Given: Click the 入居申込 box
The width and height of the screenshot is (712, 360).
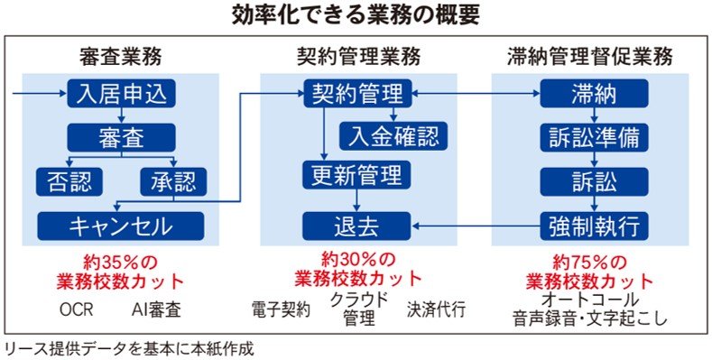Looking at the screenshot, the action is click(x=121, y=94).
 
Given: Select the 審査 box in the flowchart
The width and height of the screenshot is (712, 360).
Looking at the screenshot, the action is click(x=121, y=137).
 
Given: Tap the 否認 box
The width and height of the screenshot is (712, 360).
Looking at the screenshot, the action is click(x=69, y=182).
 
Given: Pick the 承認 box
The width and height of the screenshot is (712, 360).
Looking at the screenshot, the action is click(x=173, y=182).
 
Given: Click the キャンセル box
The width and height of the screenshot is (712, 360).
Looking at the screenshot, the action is click(x=121, y=226).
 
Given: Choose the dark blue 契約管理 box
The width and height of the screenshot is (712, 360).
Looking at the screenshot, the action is click(x=357, y=94).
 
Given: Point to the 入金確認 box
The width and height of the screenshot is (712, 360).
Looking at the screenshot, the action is click(x=393, y=136).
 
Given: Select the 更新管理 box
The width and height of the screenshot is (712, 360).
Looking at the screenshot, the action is click(x=357, y=175).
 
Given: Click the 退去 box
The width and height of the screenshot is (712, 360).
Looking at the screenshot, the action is click(x=357, y=226).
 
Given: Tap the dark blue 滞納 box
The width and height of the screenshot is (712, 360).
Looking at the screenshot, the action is click(x=594, y=94).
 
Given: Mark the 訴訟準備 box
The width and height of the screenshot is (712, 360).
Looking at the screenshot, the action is click(x=594, y=137).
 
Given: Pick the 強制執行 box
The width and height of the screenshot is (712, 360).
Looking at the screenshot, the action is click(x=594, y=226).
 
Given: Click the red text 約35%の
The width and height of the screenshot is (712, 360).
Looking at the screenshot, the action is click(x=120, y=263).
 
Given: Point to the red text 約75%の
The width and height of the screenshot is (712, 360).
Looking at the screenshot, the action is click(x=589, y=263).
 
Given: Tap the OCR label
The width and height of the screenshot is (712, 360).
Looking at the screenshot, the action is click(x=77, y=310).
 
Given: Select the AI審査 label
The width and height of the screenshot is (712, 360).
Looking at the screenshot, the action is click(x=157, y=310).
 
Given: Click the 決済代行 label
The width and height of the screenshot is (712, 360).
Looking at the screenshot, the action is click(x=437, y=310).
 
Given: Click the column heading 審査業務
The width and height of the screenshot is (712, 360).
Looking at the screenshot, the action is click(x=120, y=58).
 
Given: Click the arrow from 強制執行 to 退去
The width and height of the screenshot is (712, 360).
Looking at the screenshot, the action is click(x=476, y=225).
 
